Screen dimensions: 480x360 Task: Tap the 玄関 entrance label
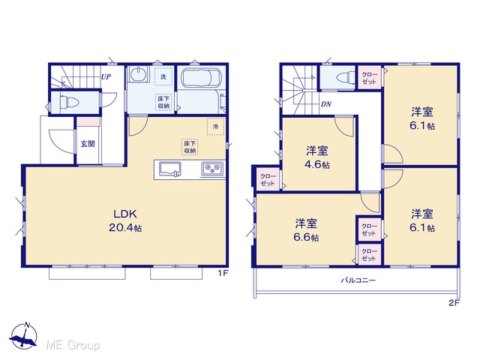pyautogui.click(x=88, y=143)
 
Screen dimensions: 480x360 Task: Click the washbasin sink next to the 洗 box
pyautogui.click(x=139, y=74)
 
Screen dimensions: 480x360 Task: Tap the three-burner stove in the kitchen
pyautogui.click(x=212, y=169)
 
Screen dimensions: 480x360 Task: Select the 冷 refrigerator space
pyautogui.click(x=216, y=126)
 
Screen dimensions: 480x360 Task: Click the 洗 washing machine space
pyautogui.click(x=163, y=76)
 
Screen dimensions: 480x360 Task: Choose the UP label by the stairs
pyautogui.click(x=106, y=76)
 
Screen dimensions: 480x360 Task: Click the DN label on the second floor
pyautogui.click(x=326, y=104)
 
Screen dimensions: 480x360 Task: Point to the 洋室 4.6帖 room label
pyautogui.click(x=317, y=157)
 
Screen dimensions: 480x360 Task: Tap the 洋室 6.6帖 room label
pyautogui.click(x=306, y=230)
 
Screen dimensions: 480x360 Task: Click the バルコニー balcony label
pyautogui.click(x=358, y=280)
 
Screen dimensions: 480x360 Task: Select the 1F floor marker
pyautogui.click(x=223, y=273)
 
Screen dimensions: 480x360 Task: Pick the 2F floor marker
pyautogui.click(x=454, y=303)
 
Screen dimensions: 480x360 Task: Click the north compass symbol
pyautogui.click(x=23, y=335)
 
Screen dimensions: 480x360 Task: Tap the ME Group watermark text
pyautogui.click(x=73, y=345)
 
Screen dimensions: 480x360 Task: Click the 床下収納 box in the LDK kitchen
pyautogui.click(x=190, y=147)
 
